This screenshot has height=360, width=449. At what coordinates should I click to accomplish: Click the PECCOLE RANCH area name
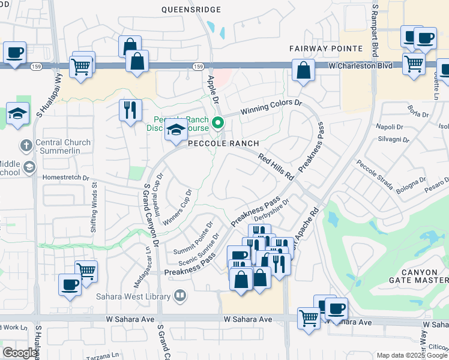(224, 143)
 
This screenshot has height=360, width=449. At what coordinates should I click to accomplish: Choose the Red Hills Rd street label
(276, 167)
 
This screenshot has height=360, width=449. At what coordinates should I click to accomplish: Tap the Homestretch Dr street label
(65, 178)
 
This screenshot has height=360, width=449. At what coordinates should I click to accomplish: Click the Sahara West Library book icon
(179, 295)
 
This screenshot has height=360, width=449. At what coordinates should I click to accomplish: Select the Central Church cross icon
(25, 145)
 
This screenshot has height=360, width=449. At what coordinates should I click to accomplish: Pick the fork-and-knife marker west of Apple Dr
(130, 109)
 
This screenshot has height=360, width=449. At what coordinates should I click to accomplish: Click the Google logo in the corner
(19, 353)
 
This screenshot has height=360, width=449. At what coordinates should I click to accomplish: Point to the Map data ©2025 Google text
(412, 355)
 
